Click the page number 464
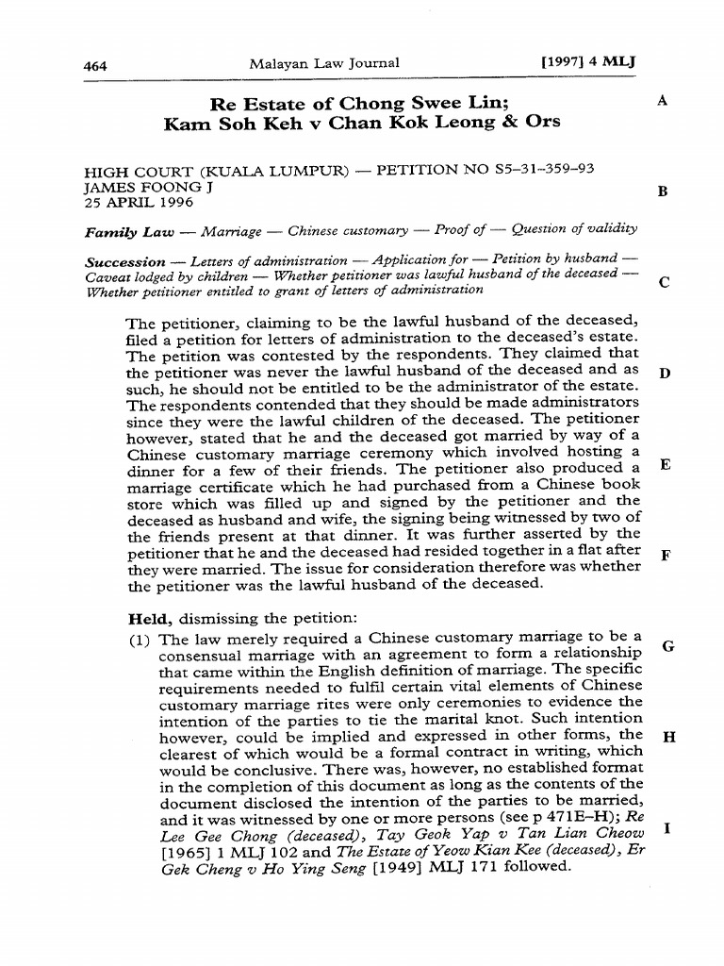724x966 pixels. pyautogui.click(x=95, y=65)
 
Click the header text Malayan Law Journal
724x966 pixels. pyautogui.click(x=324, y=63)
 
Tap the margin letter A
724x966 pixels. pyautogui.click(x=663, y=100)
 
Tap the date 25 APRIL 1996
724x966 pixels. pyautogui.click(x=139, y=203)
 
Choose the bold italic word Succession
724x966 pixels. pyautogui.click(x=124, y=260)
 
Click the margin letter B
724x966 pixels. pyautogui.click(x=663, y=192)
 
